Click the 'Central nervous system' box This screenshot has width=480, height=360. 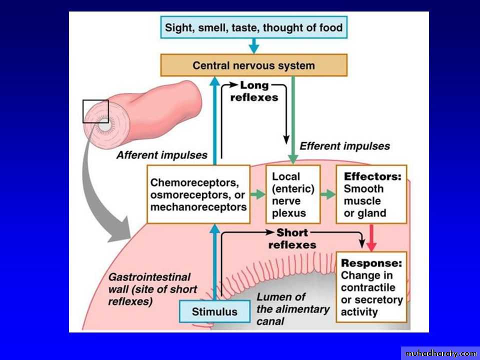click(x=254, y=65)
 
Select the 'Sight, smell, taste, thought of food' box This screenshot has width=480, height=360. click(x=254, y=27)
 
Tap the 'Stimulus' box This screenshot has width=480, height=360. click(x=215, y=311)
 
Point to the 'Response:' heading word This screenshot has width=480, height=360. click(x=371, y=263)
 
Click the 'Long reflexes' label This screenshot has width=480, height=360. click(x=254, y=91)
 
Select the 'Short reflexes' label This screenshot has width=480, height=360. click(x=292, y=238)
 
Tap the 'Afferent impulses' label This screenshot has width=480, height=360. click(x=161, y=155)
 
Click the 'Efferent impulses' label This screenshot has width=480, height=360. click(x=344, y=146)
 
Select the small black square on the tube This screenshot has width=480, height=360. click(x=95, y=111)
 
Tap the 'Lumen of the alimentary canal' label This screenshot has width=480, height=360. click(x=292, y=308)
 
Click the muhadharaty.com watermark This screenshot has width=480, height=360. click(x=440, y=353)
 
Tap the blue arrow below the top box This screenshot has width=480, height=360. click(x=254, y=46)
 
